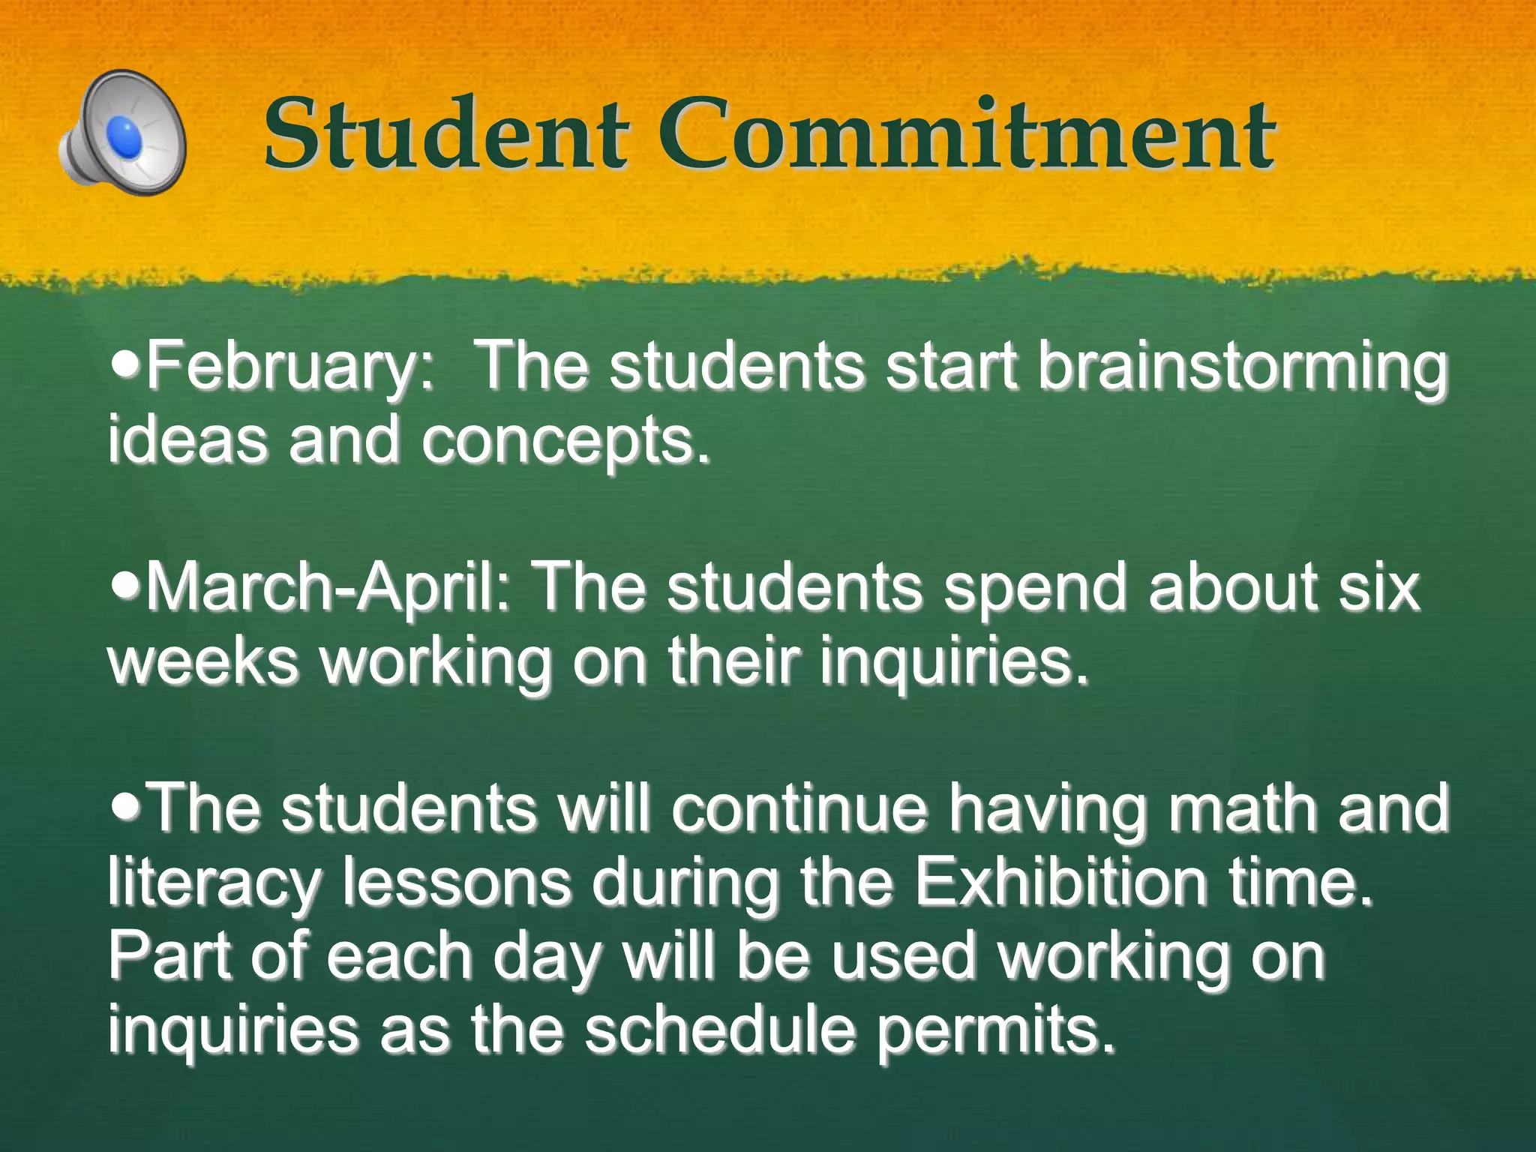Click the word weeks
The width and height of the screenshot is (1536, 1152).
click(203, 661)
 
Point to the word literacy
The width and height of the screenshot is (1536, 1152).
click(214, 883)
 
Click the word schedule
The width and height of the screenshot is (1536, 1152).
click(720, 1029)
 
